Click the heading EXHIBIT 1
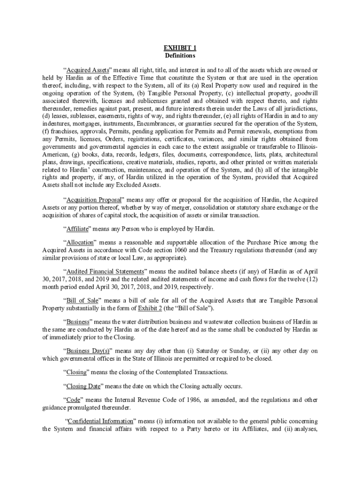point(180,48)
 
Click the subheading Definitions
point(180,56)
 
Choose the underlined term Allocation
point(80,242)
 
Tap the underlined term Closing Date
point(83,386)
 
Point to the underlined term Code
point(73,400)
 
